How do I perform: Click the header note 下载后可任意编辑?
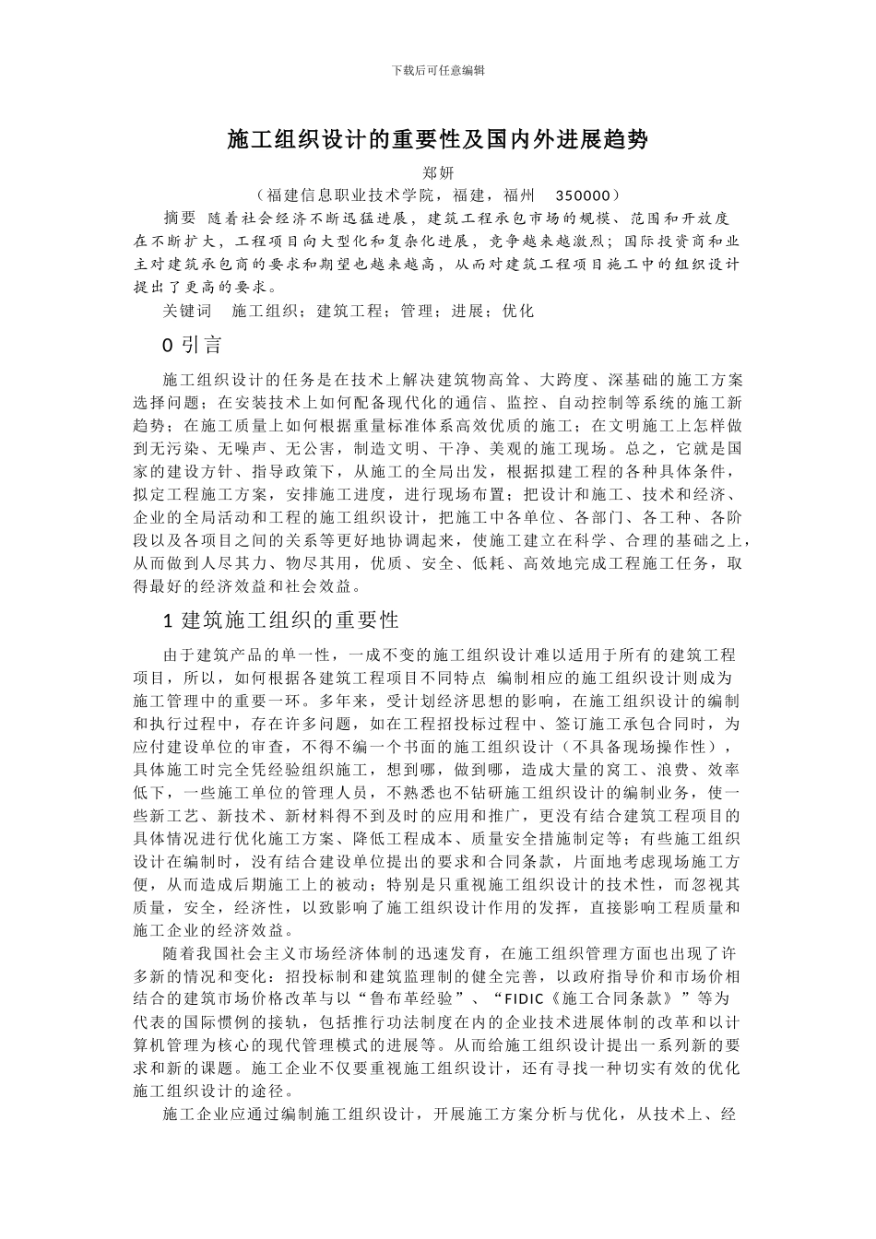point(438,70)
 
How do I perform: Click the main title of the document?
point(438,140)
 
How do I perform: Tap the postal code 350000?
point(584,195)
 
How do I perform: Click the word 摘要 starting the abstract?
point(179,218)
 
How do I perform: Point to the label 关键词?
point(186,311)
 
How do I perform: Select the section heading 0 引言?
point(192,346)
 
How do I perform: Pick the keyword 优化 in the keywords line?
point(517,311)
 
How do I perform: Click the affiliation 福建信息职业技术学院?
point(354,195)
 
